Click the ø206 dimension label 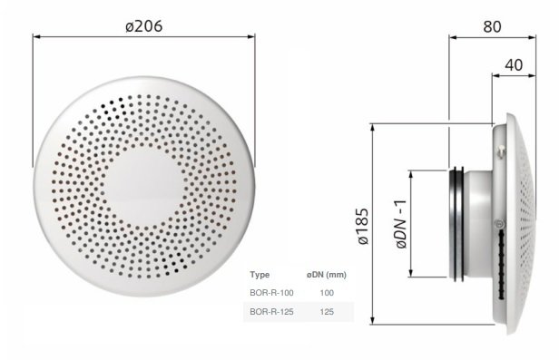point(144,26)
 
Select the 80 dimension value point(492,26)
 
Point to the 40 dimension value point(514,65)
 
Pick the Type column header point(260,275)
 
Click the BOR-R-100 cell point(270,293)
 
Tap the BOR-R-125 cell point(270,312)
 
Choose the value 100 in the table point(327,293)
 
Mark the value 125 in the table point(327,312)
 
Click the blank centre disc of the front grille point(144,186)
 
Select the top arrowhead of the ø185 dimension point(375,127)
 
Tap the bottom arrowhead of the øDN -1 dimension point(413,275)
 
